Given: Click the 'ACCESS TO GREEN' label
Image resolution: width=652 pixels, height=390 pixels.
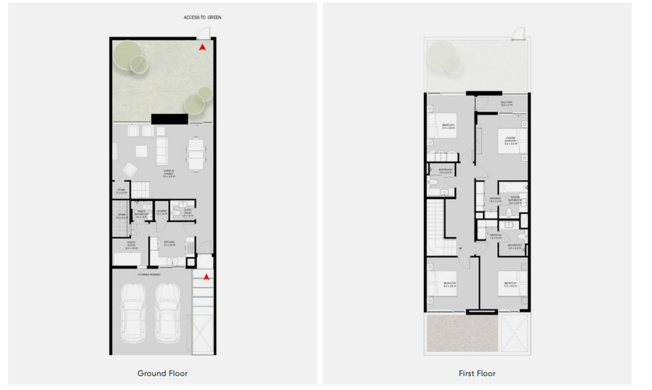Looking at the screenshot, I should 202,17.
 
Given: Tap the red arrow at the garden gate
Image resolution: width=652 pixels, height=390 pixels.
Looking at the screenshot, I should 203,47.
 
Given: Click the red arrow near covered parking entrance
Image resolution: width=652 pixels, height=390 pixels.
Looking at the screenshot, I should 206,277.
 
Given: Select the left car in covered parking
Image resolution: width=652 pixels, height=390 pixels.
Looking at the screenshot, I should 133,312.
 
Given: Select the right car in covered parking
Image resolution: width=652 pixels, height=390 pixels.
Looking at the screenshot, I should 167,312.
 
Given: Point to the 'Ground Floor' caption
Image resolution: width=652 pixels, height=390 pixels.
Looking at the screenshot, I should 162,373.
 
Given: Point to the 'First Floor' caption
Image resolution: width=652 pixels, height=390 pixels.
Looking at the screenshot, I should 477,373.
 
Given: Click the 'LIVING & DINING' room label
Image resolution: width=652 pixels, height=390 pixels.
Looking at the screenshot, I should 169,173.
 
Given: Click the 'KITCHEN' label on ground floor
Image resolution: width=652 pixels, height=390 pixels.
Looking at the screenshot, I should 169,243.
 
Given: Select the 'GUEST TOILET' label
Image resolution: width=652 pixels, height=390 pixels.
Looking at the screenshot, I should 187,214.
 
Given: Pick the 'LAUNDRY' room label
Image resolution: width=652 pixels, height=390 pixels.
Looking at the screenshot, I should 161,212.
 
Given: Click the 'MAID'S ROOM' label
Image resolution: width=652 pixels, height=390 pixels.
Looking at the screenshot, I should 131,245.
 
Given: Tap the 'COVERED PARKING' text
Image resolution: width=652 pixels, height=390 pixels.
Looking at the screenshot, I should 149,274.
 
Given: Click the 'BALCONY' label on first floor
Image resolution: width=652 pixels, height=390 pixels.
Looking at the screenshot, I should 507,103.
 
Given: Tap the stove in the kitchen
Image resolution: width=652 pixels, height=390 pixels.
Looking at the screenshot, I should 190,247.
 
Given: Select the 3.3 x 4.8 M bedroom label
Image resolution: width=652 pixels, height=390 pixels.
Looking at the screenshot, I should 448,126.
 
